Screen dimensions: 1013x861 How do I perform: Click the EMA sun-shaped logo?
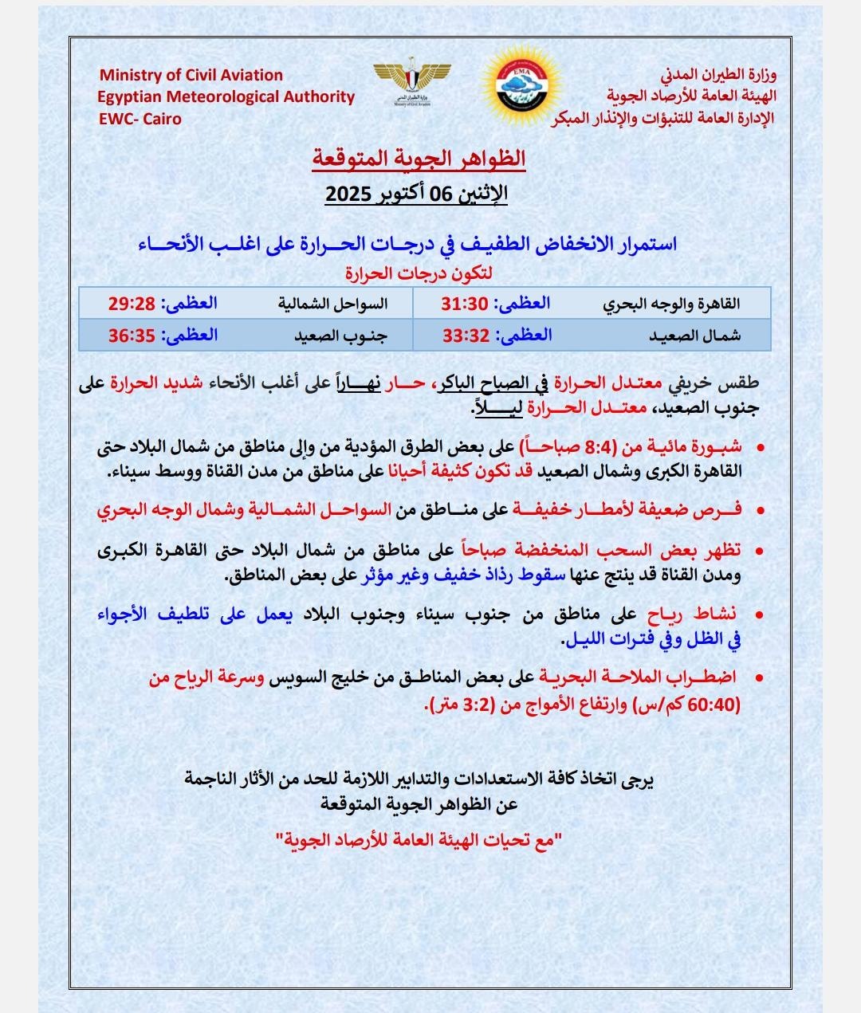click(521, 84)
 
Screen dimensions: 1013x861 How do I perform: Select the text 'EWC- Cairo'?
click(140, 119)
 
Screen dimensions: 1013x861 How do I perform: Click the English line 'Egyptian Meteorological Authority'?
click(226, 96)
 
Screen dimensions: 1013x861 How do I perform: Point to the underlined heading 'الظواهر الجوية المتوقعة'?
click(418, 158)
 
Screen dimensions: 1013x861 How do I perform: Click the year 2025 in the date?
click(349, 194)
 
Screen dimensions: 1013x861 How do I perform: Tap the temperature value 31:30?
click(464, 304)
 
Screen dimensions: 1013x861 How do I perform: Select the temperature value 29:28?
click(132, 304)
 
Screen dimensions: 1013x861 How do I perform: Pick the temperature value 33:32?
click(466, 336)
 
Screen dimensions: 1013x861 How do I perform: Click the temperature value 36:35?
click(132, 336)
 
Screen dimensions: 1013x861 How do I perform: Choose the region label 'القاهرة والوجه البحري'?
click(671, 304)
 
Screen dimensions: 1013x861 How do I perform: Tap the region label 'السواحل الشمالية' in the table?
click(332, 304)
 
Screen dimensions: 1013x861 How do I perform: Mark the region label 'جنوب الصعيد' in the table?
click(340, 336)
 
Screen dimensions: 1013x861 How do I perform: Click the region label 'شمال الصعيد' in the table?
click(694, 336)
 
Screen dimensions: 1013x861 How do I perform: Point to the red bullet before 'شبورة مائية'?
click(759, 447)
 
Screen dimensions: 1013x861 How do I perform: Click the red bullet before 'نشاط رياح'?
click(759, 614)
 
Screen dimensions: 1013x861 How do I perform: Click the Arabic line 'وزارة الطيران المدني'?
click(718, 76)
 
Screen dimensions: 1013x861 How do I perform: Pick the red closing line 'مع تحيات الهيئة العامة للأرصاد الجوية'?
click(419, 839)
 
